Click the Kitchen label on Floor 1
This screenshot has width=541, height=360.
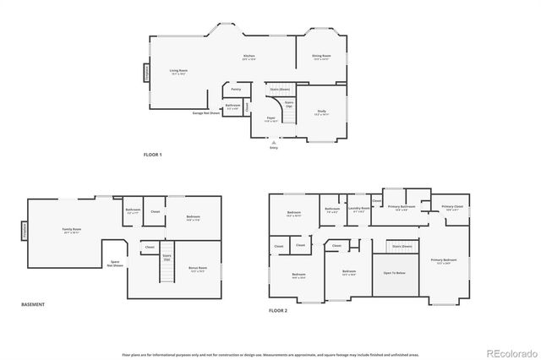pyautogui.click(x=249, y=57)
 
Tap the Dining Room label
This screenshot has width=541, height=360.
pyautogui.click(x=321, y=57)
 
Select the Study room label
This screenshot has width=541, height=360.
pyautogui.click(x=321, y=110)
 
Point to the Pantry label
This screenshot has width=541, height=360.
pyautogui.click(x=236, y=88)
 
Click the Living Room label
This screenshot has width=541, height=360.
pyautogui.click(x=178, y=71)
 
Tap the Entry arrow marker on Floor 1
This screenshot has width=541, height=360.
pyautogui.click(x=273, y=142)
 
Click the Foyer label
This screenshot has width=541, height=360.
pyautogui.click(x=270, y=118)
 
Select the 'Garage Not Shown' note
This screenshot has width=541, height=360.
pyautogui.click(x=205, y=112)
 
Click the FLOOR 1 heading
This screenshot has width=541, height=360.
pyautogui.click(x=152, y=155)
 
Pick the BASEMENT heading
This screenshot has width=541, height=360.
pyautogui.click(x=33, y=304)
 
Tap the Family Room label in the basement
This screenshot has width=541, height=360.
pyautogui.click(x=71, y=229)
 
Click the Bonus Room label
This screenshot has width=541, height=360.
pyautogui.click(x=198, y=269)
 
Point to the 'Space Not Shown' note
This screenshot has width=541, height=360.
pyautogui.click(x=117, y=263)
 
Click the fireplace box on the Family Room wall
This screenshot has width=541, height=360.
pyautogui.click(x=25, y=229)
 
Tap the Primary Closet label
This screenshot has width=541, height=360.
pyautogui.click(x=451, y=207)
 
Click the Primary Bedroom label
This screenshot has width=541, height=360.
pyautogui.click(x=443, y=260)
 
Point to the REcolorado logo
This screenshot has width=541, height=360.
pyautogui.click(x=508, y=352)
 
